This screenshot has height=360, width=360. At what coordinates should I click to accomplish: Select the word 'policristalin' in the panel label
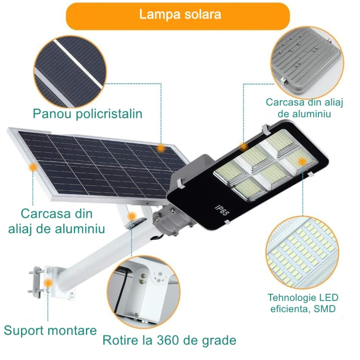tap(108, 113)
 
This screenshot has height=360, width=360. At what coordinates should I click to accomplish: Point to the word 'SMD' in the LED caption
tap(323, 309)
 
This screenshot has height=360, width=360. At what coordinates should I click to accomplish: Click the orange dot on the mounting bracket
tap(48, 282)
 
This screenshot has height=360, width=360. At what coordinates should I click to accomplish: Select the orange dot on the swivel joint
tap(132, 217)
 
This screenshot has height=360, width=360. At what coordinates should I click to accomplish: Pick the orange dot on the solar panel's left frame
tap(33, 167)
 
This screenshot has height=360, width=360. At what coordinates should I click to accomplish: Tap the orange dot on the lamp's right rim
tap(302, 161)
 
